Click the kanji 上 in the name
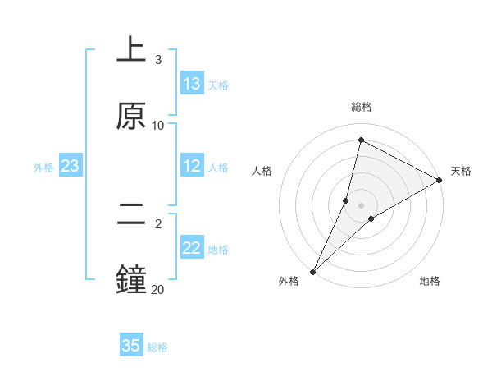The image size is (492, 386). click(x=131, y=49)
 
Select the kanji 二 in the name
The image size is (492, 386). click(x=131, y=214)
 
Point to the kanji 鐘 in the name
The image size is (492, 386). click(x=131, y=279)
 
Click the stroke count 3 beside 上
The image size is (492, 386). click(x=158, y=60)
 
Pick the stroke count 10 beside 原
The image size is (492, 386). click(x=158, y=125)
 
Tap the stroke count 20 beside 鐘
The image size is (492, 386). click(x=158, y=289)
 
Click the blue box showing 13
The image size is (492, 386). click(x=192, y=84)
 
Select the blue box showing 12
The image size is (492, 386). click(x=192, y=166)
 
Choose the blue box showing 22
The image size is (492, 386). click(x=192, y=248)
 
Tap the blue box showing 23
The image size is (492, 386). click(x=71, y=166)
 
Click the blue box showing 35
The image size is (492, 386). click(x=131, y=346)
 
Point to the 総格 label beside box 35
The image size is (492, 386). click(x=157, y=347)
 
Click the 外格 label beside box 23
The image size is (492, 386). click(x=43, y=168)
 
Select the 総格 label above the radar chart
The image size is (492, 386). click(x=362, y=107)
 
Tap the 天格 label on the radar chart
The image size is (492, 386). click(x=461, y=171)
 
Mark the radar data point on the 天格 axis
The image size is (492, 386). click(x=440, y=180)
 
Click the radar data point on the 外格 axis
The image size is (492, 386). click(x=312, y=271)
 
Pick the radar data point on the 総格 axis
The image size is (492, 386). click(x=361, y=140)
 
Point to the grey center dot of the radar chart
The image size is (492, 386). click(x=362, y=205)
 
